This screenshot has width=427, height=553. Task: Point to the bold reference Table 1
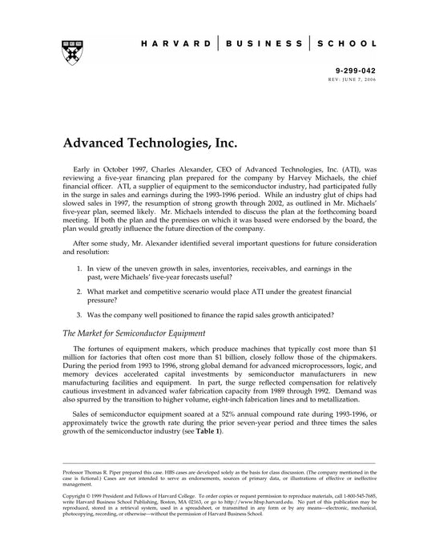pyautogui.click(x=206, y=432)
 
